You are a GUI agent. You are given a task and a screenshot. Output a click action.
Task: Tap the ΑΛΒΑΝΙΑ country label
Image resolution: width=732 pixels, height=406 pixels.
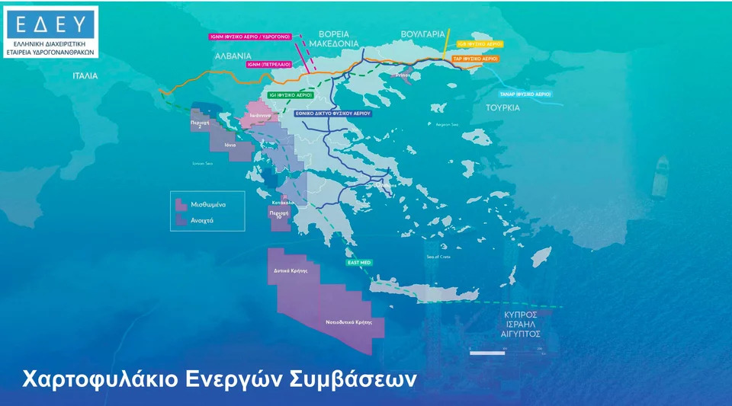(232, 56)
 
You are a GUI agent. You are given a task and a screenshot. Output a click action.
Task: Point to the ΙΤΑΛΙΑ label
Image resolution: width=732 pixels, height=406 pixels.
(85, 76)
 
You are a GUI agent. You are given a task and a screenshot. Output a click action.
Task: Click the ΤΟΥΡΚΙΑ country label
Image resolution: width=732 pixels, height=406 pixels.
(502, 107)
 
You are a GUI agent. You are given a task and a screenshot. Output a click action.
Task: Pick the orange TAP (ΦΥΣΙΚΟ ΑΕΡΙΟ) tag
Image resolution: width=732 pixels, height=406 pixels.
(475, 58)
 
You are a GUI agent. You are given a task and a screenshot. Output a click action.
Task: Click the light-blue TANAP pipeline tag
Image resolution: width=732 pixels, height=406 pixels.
(525, 94)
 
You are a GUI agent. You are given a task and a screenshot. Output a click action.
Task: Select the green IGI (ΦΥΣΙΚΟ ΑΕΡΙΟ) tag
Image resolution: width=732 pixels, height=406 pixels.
(290, 95)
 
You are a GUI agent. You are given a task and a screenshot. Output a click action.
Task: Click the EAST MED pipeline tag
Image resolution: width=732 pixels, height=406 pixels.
(358, 263)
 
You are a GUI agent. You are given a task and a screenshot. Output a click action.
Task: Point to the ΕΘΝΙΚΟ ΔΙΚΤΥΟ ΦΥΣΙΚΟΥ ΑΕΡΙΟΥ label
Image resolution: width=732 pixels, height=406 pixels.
(332, 113)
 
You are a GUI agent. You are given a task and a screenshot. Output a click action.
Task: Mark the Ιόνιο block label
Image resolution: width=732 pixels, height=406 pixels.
(230, 144)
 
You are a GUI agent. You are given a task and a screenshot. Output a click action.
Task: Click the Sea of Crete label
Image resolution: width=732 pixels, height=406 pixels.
(438, 257)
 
